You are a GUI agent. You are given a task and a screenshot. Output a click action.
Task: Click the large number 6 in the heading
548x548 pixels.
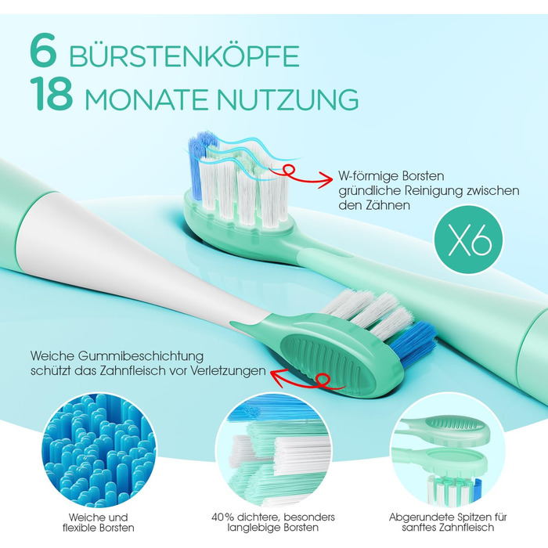pos(43,50)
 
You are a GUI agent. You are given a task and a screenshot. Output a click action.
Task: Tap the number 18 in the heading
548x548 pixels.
pos(52,94)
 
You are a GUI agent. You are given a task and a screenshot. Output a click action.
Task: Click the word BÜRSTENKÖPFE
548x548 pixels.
pos(184,56)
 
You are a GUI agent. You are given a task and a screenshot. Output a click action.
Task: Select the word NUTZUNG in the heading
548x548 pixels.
pos(287,99)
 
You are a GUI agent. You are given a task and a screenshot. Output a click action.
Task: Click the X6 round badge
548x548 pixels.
pos(469,240)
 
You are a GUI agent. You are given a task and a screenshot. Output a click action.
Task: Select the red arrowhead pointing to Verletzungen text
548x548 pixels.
pos(278,378)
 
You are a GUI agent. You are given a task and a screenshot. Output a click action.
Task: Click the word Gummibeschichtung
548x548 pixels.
pos(140,356)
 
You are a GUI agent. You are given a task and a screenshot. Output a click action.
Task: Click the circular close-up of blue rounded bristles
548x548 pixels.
pos(99,450)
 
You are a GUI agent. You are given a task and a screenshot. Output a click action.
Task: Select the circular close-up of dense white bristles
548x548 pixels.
pos(274,450)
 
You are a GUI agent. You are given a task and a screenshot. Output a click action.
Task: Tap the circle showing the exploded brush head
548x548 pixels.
pos(447,450)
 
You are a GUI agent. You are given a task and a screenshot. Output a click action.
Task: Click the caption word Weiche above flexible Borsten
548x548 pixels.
pos(84,517)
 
